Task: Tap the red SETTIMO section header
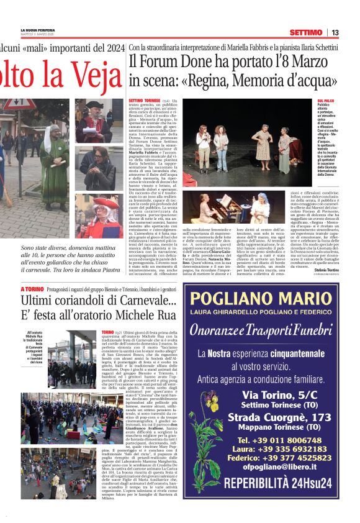coord(305,32)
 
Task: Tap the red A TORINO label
coord(33,289)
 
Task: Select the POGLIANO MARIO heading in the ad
coord(260,299)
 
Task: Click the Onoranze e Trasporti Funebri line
coord(260,329)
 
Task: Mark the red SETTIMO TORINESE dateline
coord(143,100)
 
